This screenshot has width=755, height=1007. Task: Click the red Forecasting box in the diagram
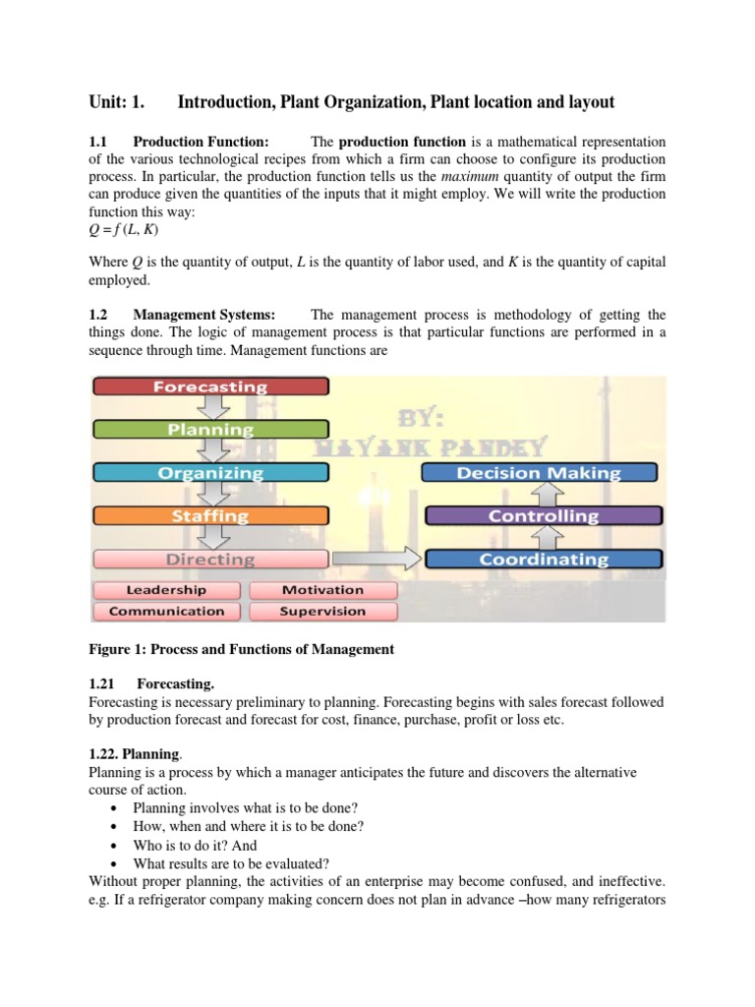[x=209, y=386]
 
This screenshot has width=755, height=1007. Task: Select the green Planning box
[x=209, y=430]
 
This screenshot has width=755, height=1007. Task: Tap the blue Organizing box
[x=209, y=472]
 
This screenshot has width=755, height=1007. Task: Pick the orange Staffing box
[x=209, y=515]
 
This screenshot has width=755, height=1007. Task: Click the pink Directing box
[x=209, y=559]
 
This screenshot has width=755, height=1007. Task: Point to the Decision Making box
[x=539, y=473]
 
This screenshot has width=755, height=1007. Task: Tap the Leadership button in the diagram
[x=166, y=590]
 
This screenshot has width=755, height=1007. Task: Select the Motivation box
[x=322, y=590]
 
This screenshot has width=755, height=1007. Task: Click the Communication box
[x=166, y=611]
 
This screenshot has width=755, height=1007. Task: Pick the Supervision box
[x=322, y=611]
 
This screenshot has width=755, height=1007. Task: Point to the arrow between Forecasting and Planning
[x=210, y=408]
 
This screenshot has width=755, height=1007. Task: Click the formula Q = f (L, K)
[x=123, y=230]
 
